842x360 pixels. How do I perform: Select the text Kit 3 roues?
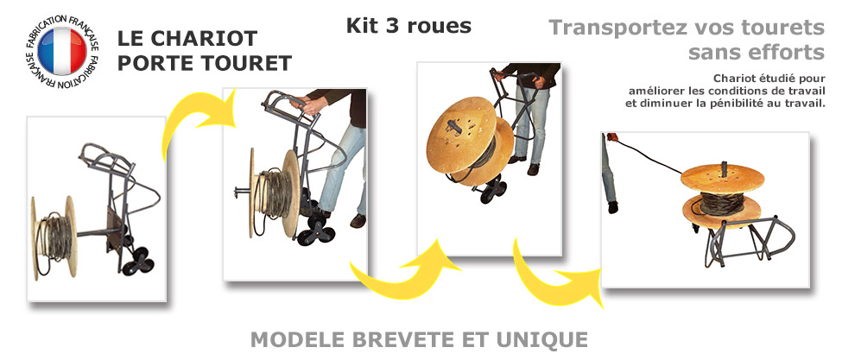pyautogui.click(x=408, y=26)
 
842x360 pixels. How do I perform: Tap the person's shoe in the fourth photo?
pyautogui.click(x=612, y=207)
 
